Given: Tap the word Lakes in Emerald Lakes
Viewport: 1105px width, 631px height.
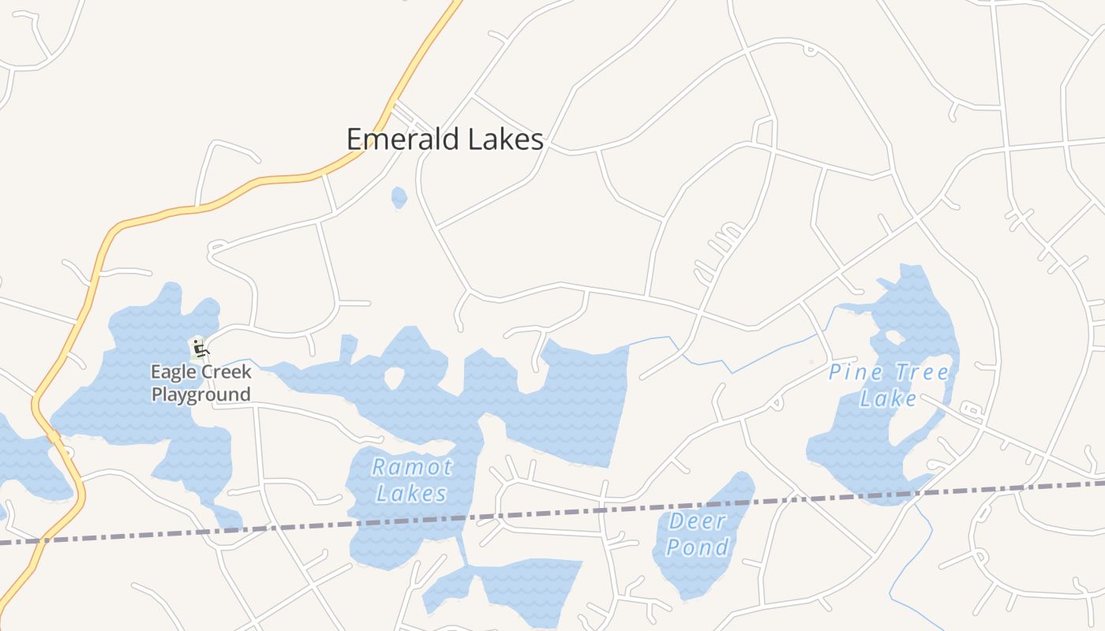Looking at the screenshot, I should click(x=505, y=140).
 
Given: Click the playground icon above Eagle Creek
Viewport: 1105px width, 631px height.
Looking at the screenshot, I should click(x=199, y=347).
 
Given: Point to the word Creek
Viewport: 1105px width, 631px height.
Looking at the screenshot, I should click(x=229, y=372).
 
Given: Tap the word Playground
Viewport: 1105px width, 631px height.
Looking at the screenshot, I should click(x=200, y=394).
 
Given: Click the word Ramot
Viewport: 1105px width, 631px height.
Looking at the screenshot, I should click(x=412, y=467).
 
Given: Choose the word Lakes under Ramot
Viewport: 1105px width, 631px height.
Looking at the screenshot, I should click(x=411, y=494).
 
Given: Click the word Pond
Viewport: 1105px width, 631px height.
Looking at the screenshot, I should click(x=698, y=547).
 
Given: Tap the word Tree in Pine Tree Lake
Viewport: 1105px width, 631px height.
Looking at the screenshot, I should click(x=920, y=372).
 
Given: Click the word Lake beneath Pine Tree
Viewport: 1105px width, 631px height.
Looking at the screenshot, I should click(x=889, y=398).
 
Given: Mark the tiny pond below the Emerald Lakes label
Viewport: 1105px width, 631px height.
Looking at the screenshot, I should click(x=399, y=197).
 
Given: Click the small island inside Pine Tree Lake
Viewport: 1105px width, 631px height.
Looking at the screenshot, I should click(x=894, y=338).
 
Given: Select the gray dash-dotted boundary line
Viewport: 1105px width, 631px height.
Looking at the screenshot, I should click(x=552, y=513).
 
